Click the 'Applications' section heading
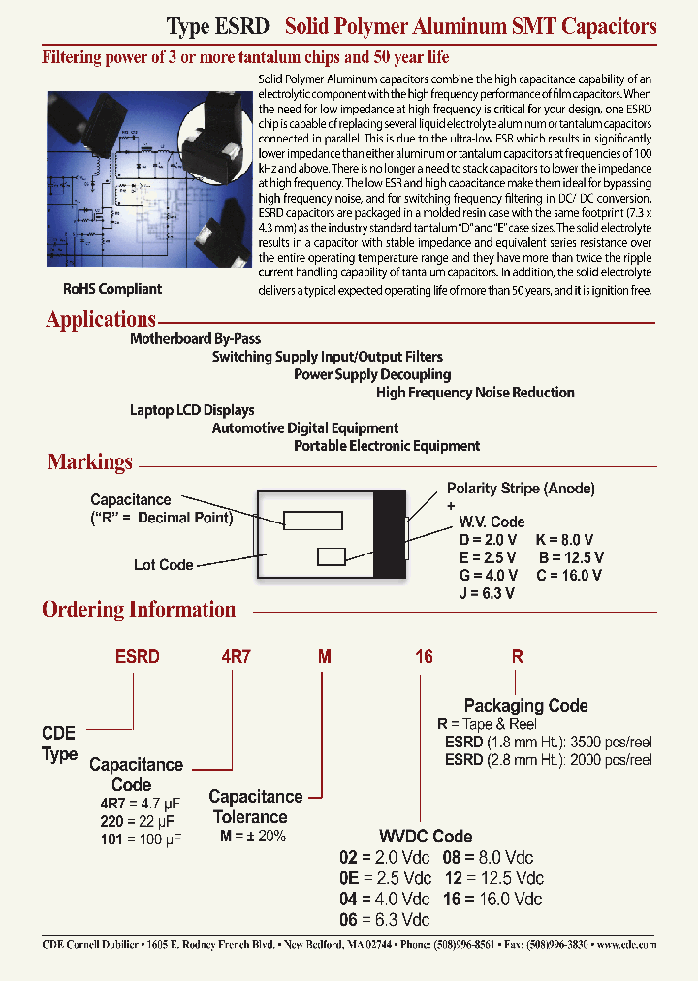101,319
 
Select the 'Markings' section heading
90,462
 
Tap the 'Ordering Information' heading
139,610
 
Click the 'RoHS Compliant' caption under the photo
112,289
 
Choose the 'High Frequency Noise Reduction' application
475,393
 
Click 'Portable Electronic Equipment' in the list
387,446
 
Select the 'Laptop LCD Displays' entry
192,410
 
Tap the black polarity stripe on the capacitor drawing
390,535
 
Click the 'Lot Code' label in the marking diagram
163,565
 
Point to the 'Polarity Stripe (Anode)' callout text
521,489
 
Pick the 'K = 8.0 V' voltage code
564,539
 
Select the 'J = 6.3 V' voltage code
487,593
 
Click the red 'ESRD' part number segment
138,656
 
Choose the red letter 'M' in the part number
326,656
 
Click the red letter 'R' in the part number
518,656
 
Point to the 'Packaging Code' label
525,706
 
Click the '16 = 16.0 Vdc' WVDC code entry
492,899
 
